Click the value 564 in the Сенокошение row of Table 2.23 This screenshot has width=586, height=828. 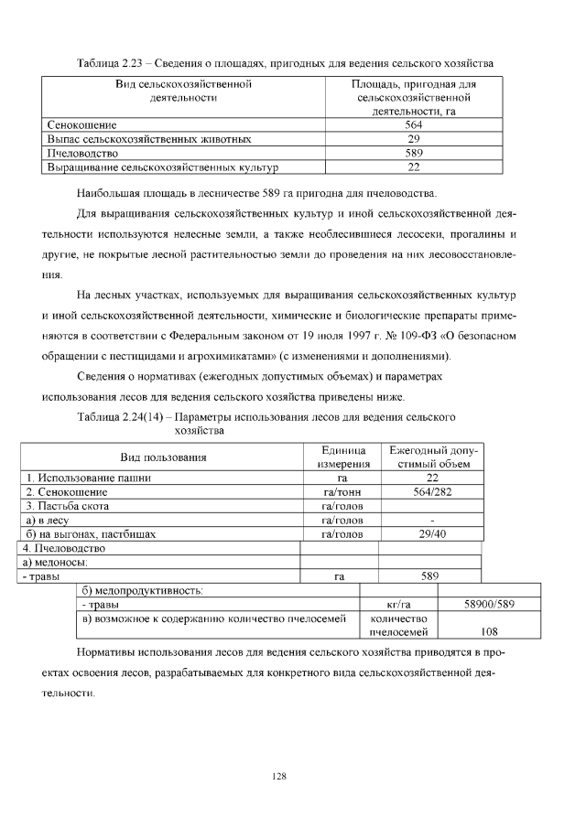[413, 125]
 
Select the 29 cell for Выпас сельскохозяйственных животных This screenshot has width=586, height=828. [413, 139]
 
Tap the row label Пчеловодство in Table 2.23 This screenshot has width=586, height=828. [82, 154]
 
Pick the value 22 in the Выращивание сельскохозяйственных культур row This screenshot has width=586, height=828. [413, 167]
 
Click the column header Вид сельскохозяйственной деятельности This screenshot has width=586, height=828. [183, 91]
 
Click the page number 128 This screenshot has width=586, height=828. [280, 777]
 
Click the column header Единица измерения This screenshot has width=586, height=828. [343, 457]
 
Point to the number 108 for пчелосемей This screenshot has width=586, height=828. [489, 631]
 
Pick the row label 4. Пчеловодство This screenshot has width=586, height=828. [64, 548]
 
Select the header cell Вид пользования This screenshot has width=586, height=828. [164, 457]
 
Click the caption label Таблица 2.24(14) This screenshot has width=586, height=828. [124, 417]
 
